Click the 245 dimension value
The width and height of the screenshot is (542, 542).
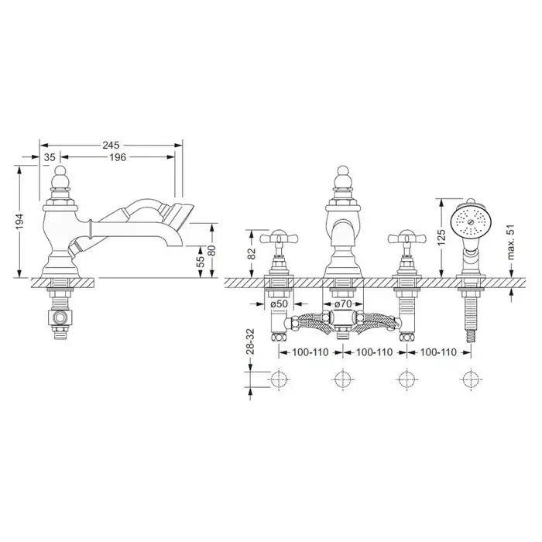coord(111,146)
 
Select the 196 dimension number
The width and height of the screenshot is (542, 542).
coord(118,157)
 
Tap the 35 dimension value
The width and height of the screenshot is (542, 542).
coord(50,157)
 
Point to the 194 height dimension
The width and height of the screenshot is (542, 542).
coord(19,222)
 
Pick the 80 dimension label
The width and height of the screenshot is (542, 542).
coord(212,250)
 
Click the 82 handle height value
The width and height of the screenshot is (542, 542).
coord(252,254)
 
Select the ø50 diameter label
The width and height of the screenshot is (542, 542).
coord(280,304)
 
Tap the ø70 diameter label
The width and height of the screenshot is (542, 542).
coord(343,304)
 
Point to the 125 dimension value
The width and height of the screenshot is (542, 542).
coord(441,238)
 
